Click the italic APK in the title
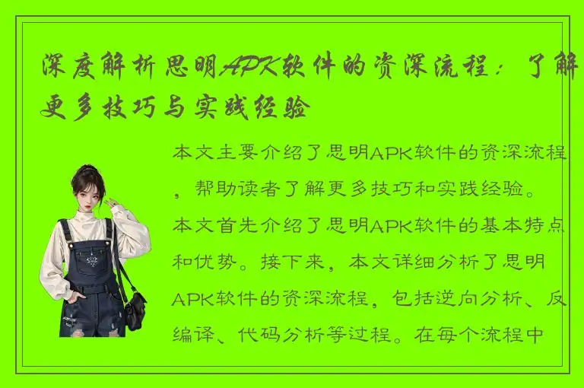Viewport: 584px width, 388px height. [246, 70]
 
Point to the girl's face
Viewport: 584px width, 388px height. [90, 196]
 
